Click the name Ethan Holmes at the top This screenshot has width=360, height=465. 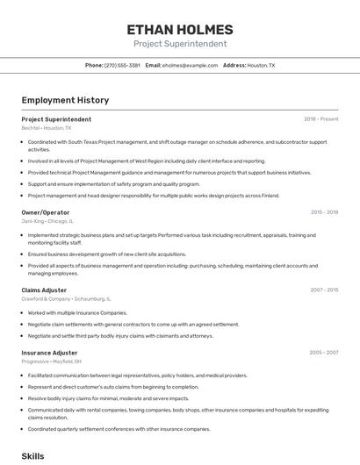click(179, 30)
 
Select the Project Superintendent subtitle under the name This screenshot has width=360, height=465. click(179, 44)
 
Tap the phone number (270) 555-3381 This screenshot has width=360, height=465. click(122, 65)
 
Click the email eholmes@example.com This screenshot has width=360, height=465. click(190, 65)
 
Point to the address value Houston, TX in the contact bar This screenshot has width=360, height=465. click(261, 65)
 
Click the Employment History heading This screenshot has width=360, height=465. click(59, 100)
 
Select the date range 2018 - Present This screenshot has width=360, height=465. click(321, 119)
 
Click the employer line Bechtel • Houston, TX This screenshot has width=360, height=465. click(47, 128)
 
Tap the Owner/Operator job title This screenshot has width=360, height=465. click(46, 212)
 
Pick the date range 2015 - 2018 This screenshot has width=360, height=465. click(324, 212)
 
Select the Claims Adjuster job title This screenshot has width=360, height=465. click(45, 289)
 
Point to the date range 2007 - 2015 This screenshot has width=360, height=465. click(324, 289)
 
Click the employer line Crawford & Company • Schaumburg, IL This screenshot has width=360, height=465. click(66, 298)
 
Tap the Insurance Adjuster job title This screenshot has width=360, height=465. click(49, 353)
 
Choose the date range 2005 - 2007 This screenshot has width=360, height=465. click(324, 353)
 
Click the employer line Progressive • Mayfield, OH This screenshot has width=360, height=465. click(52, 361)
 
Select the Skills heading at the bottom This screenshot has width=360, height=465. click(32, 456)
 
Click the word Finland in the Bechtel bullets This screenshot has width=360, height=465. click(270, 196)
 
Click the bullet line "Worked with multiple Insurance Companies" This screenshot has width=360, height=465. click(77, 312)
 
